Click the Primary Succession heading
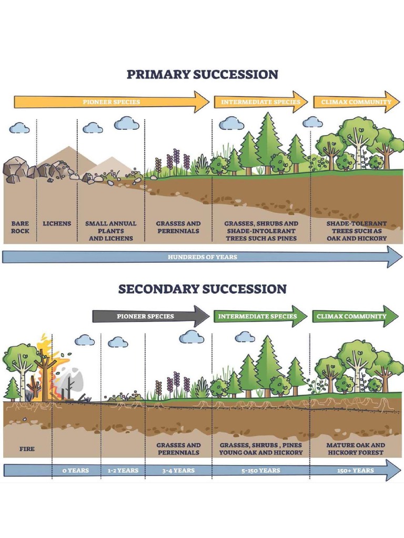point(202,74)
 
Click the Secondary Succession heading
point(202,289)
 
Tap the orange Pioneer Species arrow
point(112,102)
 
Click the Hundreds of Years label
point(202,257)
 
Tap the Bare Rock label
point(20,227)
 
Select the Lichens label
point(57,224)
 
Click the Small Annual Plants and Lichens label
point(110,231)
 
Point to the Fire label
point(27,449)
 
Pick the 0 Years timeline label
point(75,470)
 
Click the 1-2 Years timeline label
point(123,470)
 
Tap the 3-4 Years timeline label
point(178,470)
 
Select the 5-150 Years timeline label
point(261,470)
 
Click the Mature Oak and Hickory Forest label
point(356,449)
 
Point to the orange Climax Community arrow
point(356,102)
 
